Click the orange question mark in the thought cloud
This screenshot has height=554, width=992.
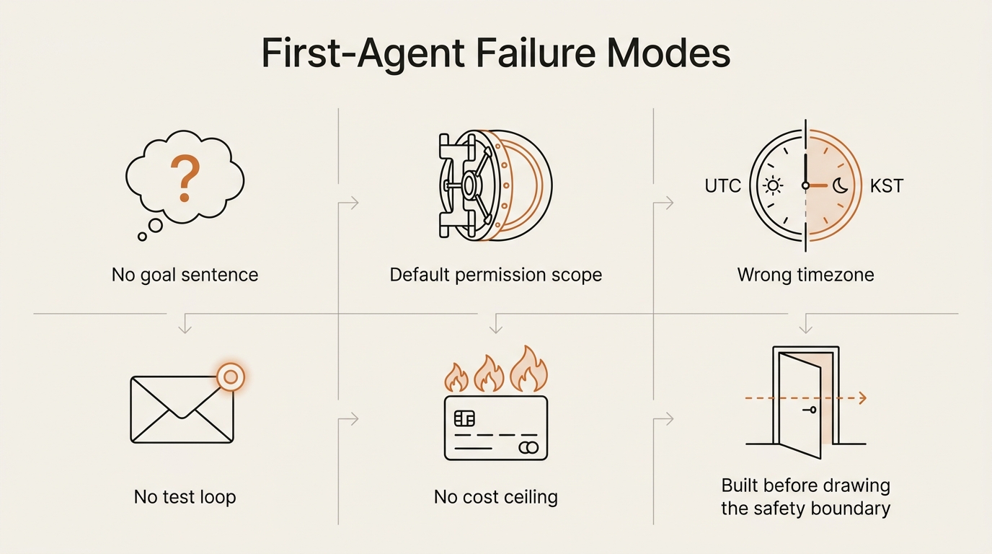point(185,178)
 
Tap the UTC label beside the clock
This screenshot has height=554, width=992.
point(723,186)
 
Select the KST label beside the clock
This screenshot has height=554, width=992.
point(887,186)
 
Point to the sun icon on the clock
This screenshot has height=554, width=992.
point(774,185)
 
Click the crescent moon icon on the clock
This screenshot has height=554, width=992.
point(840,185)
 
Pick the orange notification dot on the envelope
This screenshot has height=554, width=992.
point(231,377)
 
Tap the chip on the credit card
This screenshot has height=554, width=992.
point(464,418)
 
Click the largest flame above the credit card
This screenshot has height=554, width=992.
point(528,369)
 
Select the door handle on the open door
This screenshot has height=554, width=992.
point(810,410)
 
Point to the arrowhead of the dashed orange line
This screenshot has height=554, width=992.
point(863,398)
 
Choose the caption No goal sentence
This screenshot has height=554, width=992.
point(185,275)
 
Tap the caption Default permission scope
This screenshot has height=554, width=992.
point(495,275)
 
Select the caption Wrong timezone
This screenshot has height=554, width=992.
point(805,275)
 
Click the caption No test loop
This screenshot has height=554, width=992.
point(185,497)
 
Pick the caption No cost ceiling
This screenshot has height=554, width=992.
point(495,497)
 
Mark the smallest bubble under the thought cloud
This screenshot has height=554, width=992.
point(142,237)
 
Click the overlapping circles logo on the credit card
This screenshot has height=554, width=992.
point(528,448)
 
